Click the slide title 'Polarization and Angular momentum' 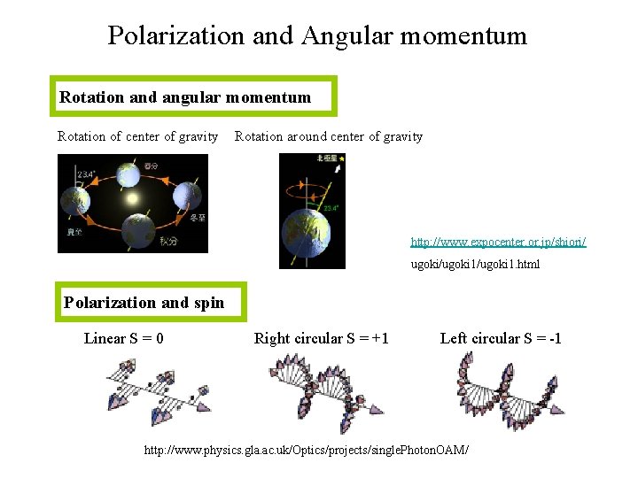[x=317, y=35]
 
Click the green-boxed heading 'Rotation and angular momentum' [x=185, y=97]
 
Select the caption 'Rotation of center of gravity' [x=137, y=136]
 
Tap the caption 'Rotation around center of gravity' [x=328, y=136]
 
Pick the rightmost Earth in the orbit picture [x=187, y=194]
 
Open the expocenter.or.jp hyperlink [x=497, y=241]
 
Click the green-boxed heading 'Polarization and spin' [x=144, y=303]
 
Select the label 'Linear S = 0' [x=123, y=338]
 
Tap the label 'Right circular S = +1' [x=321, y=338]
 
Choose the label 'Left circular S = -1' [x=501, y=338]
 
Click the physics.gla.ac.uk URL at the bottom [x=306, y=450]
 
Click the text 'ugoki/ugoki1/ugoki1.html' [x=474, y=264]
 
